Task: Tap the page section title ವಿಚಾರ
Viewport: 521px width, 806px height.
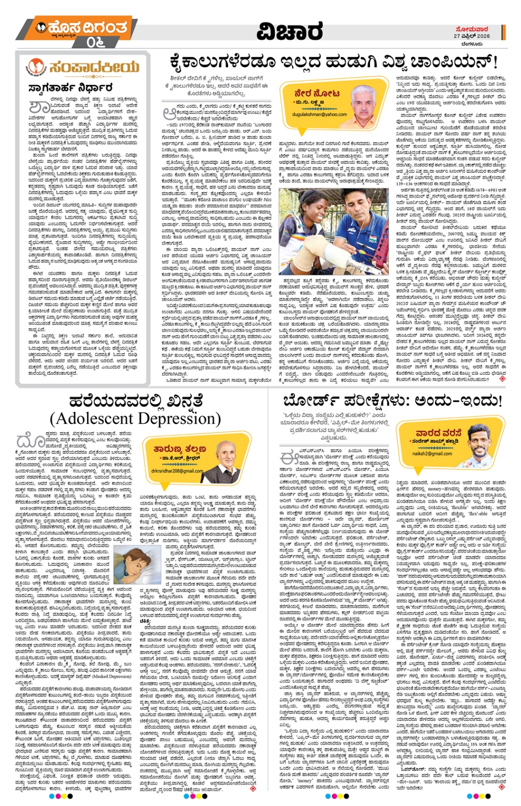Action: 289,31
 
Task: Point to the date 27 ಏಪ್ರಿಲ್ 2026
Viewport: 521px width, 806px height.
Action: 471,36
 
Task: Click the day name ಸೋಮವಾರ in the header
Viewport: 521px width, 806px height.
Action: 472,29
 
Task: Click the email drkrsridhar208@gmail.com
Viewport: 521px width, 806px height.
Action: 177,471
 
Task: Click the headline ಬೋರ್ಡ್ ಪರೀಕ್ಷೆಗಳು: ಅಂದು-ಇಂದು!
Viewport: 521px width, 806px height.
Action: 391,401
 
